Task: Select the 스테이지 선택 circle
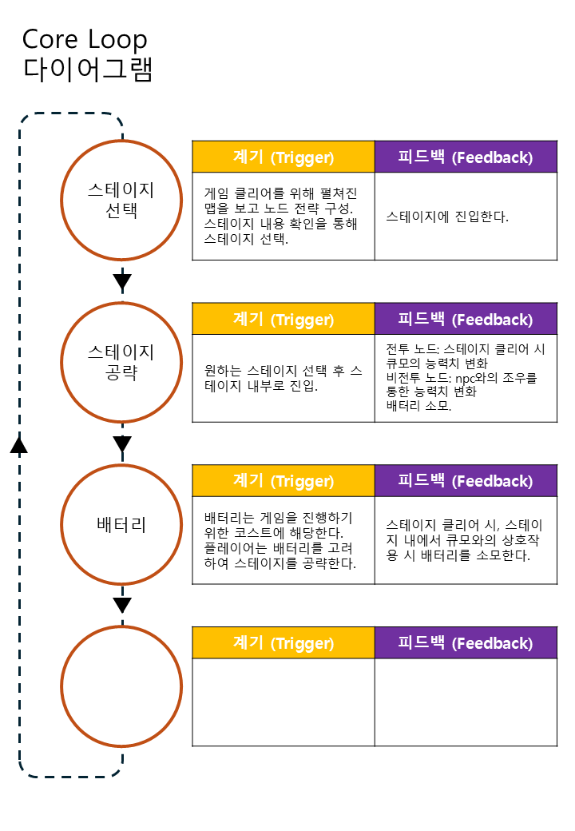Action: (121, 200)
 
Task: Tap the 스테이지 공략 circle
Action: (121, 362)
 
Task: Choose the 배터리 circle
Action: (121, 524)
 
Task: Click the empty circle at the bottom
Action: (121, 686)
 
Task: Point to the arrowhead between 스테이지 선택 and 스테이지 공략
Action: (122, 280)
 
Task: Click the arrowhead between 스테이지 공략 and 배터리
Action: (122, 443)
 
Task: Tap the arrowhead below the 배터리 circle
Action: (122, 605)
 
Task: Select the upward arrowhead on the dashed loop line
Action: (19, 444)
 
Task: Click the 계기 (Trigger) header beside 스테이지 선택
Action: (283, 157)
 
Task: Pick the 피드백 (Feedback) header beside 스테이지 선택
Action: (466, 157)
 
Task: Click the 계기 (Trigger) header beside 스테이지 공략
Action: (283, 319)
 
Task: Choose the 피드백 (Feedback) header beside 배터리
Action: (466, 480)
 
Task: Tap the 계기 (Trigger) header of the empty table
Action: (283, 642)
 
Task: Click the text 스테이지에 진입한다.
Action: (446, 217)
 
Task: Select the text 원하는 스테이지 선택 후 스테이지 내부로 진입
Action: (283, 379)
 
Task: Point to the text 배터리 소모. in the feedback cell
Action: (418, 406)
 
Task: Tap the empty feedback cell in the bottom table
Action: (466, 702)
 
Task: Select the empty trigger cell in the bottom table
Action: (283, 702)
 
